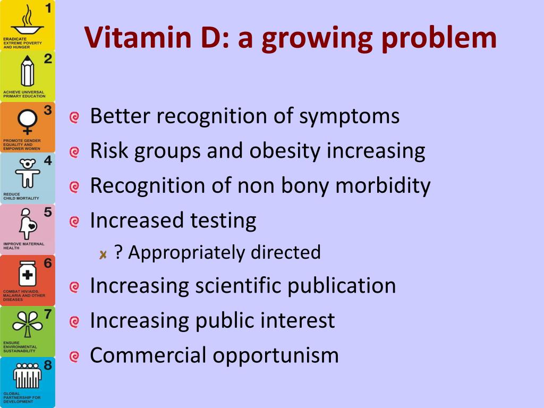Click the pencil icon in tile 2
point(28,71)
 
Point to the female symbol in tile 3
point(28,122)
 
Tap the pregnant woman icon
point(28,224)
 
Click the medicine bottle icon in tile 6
point(28,274)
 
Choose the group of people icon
point(28,376)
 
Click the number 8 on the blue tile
point(48,365)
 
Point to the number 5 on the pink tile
point(48,212)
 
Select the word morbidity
point(383,185)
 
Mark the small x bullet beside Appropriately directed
point(103,255)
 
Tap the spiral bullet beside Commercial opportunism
point(74,356)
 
